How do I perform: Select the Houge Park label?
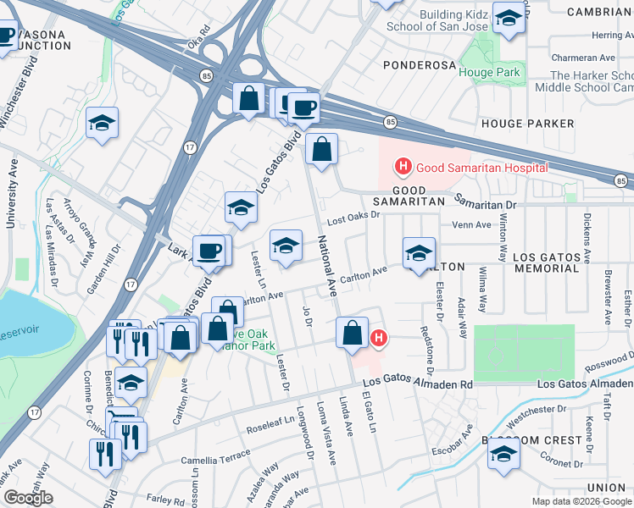coord(489,73)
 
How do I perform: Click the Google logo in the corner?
coord(28,498)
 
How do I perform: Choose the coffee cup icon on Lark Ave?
coord(209,251)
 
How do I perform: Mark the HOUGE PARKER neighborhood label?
coord(528,124)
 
